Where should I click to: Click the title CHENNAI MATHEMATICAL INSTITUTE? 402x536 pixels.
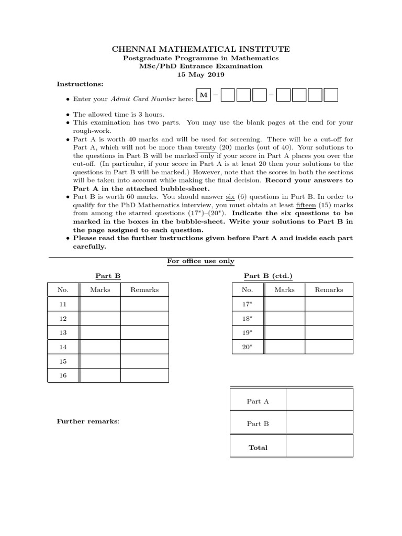coord(201,49)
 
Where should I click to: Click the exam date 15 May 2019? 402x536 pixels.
coord(201,75)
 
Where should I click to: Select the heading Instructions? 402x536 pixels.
coord(80,84)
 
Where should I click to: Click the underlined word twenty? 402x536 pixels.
coord(205,148)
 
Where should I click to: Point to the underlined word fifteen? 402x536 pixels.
coord(304,206)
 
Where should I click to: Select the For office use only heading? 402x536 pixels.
coord(201,261)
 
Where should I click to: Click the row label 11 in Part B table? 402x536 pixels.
coord(63,304)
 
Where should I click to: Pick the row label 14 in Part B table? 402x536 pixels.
coord(63,347)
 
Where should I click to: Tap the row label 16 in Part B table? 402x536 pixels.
coord(63,376)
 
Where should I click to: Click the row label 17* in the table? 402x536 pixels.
coord(247,304)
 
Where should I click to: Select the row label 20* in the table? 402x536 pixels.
coord(247,347)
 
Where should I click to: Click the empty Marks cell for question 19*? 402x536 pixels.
coord(285,332)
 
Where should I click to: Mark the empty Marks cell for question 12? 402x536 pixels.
coord(100,318)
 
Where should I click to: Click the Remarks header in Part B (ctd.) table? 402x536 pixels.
coord(329,289)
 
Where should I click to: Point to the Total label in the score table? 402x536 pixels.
coord(258,448)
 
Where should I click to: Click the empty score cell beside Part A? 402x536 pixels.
coord(319,401)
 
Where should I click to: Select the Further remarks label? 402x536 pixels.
coord(88,421)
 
